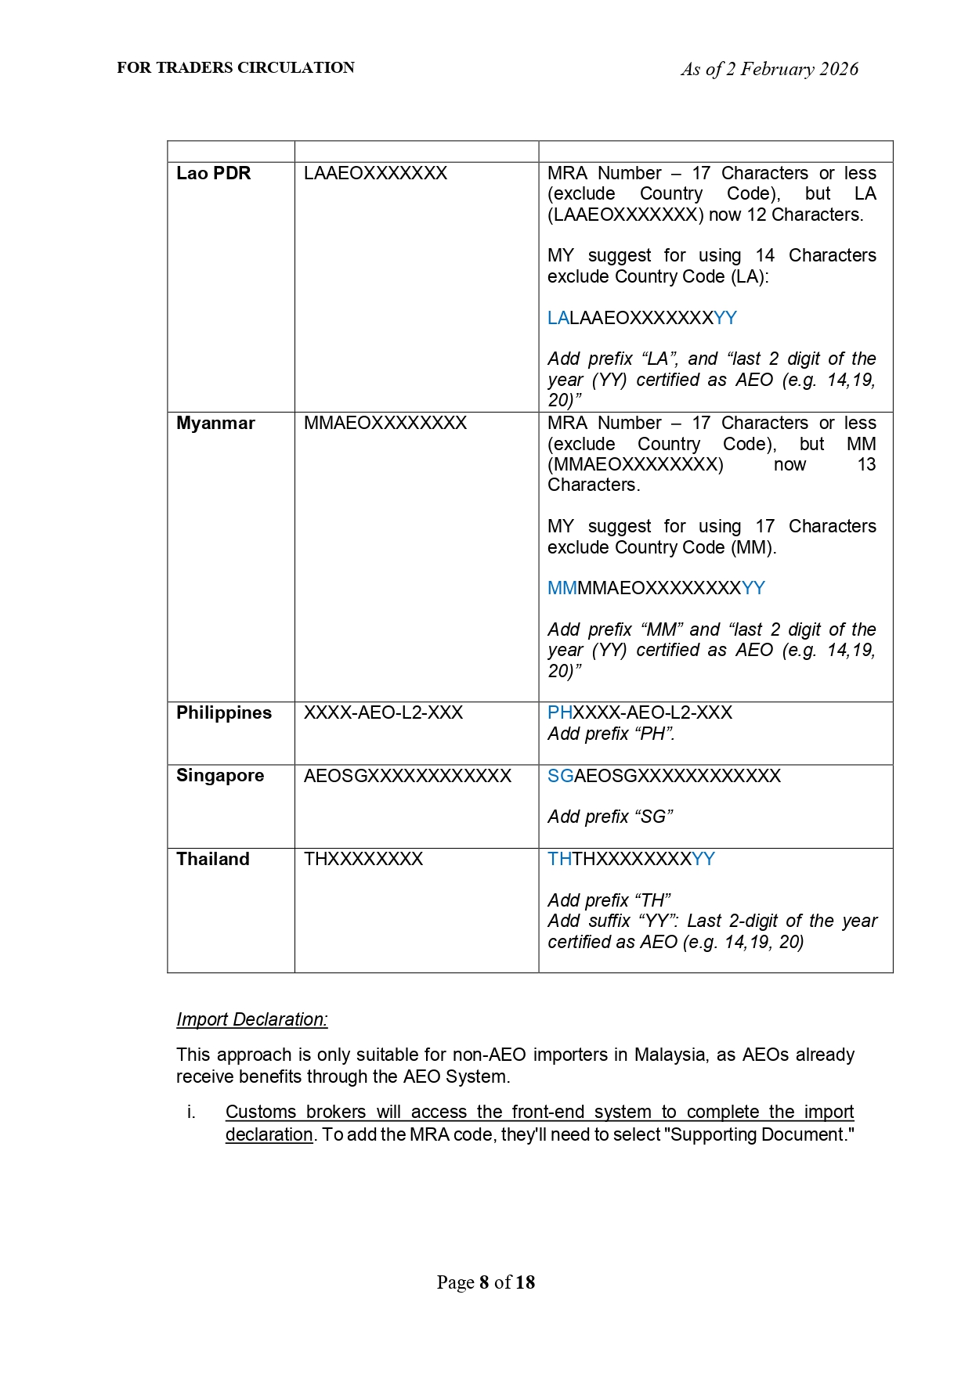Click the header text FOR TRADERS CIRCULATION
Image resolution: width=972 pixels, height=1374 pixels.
[236, 68]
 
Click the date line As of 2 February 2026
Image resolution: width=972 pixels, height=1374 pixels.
[769, 70]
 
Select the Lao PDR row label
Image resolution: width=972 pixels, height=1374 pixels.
[213, 174]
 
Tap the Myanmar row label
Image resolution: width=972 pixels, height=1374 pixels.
[215, 424]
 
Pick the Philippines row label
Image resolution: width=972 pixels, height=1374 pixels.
[224, 713]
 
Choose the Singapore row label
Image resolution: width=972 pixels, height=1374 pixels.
[220, 776]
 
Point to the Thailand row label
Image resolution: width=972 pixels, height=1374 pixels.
[213, 860]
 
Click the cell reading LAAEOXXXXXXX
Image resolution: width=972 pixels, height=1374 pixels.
[375, 174]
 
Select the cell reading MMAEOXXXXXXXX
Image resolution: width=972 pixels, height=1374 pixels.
[385, 424]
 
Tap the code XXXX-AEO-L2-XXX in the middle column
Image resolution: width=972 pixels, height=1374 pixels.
[383, 713]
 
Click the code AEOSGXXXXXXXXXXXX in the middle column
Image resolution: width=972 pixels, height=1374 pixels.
[407, 776]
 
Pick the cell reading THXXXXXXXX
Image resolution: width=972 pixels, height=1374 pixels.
[363, 860]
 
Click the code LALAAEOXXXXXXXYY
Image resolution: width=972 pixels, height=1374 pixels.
[642, 318]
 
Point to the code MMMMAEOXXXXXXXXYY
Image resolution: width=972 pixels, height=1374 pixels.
[656, 589]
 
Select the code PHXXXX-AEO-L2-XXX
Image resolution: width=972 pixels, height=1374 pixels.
[640, 713]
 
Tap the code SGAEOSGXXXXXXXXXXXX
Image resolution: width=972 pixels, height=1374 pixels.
[664, 776]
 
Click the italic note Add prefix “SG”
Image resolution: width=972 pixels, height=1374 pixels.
[610, 817]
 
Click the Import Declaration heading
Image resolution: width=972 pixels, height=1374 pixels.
[252, 1019]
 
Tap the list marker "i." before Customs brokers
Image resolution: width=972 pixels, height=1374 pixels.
[191, 1113]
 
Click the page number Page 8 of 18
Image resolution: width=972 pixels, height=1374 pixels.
[486, 1282]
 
